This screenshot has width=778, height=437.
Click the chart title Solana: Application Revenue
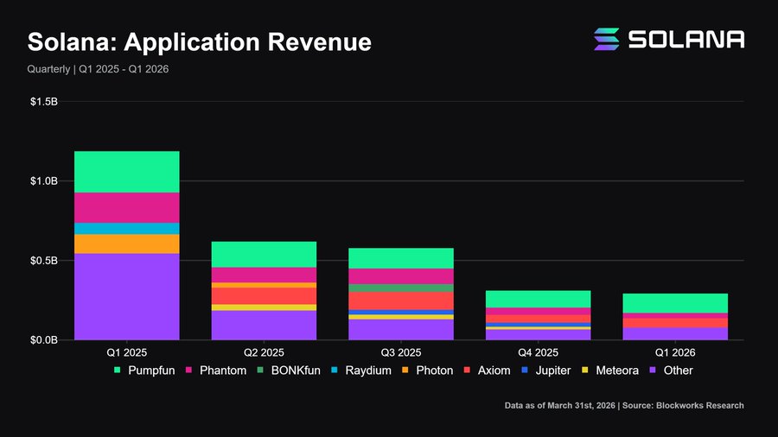click(200, 41)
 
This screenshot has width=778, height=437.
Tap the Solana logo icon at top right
click(606, 39)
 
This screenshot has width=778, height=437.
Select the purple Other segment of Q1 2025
click(126, 296)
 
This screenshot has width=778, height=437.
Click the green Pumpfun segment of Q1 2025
click(126, 172)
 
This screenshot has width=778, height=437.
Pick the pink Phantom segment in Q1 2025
click(126, 207)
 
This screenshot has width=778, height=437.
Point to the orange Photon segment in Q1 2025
click(126, 244)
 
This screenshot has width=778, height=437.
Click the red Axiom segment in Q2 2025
click(264, 295)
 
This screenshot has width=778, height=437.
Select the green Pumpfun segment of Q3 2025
click(401, 258)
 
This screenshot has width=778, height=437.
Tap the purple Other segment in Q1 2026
click(675, 333)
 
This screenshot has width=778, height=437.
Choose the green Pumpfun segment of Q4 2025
click(538, 299)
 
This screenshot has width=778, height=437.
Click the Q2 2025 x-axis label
click(264, 352)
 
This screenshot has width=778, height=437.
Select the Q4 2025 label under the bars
click(538, 352)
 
